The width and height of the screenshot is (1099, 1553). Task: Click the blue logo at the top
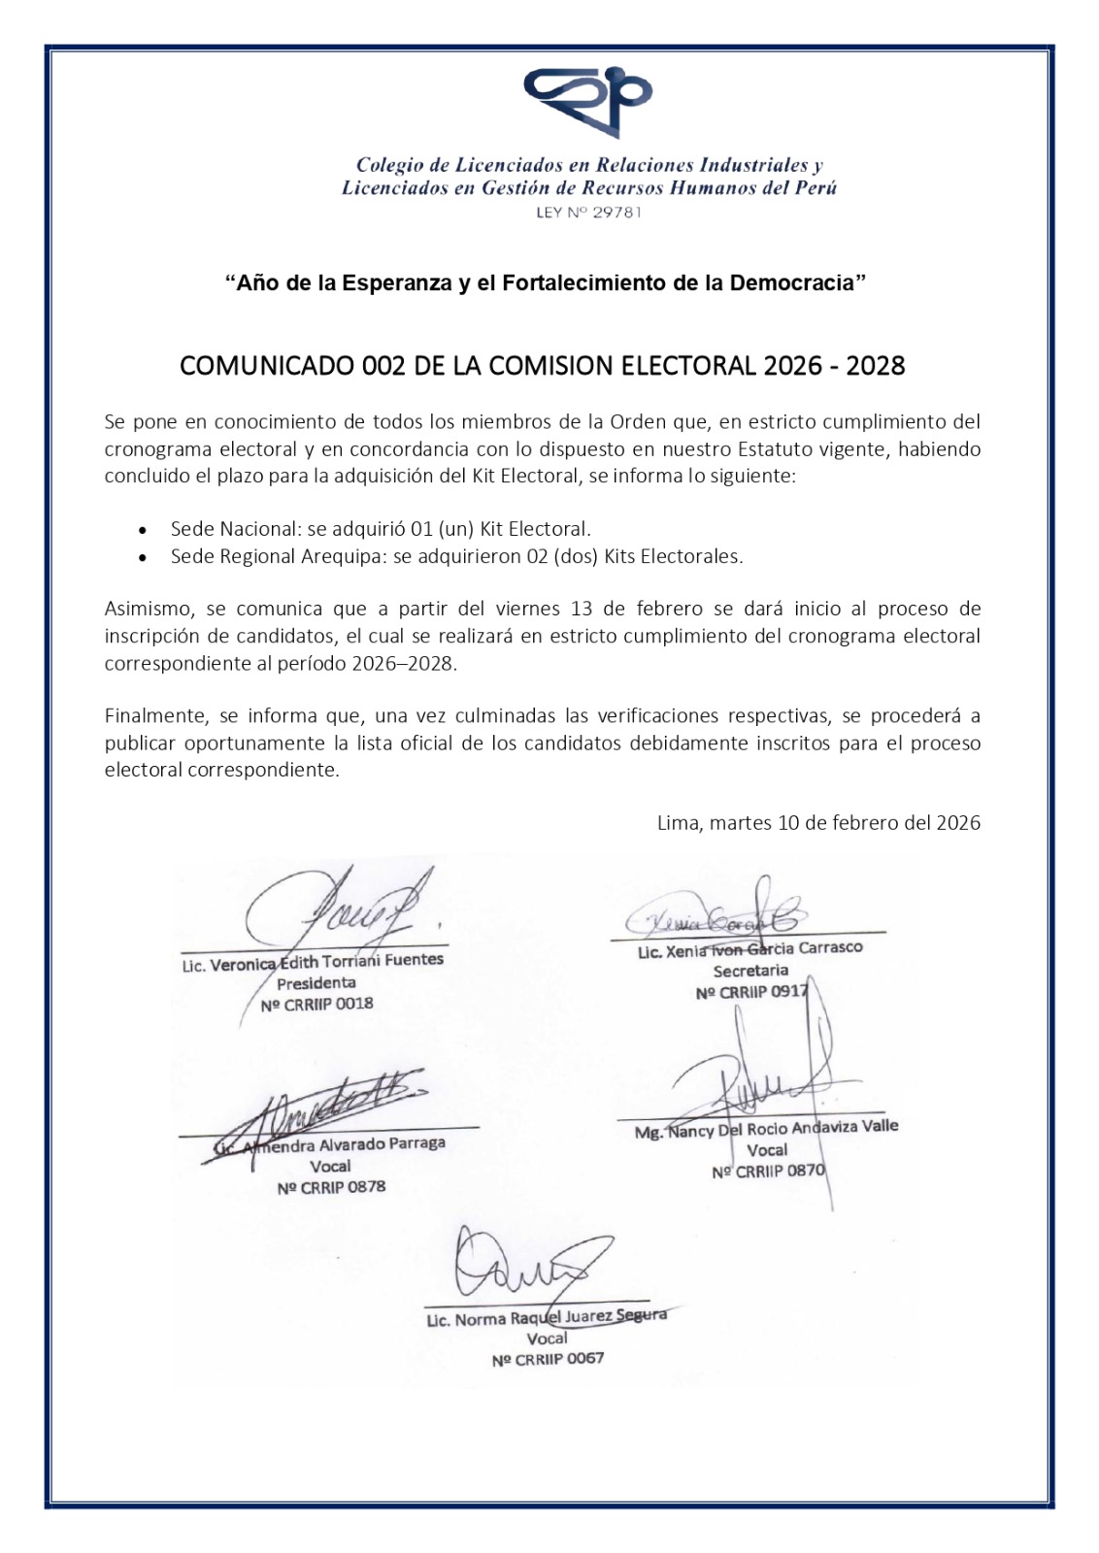point(587,100)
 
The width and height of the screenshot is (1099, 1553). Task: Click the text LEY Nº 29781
point(588,213)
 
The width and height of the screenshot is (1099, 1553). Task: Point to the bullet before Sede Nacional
point(144,531)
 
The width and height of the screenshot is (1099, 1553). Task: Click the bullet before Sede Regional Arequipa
point(144,558)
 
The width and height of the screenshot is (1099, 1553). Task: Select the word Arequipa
point(345,556)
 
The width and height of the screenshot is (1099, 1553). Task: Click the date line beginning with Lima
point(818,823)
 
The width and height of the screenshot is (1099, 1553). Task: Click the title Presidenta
point(316,982)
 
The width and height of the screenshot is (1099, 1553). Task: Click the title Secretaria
point(750,971)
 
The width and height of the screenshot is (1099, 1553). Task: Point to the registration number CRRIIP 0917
point(751,992)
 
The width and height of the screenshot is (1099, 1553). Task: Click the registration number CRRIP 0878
point(331,1187)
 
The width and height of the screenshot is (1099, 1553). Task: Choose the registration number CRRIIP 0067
point(548,1359)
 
